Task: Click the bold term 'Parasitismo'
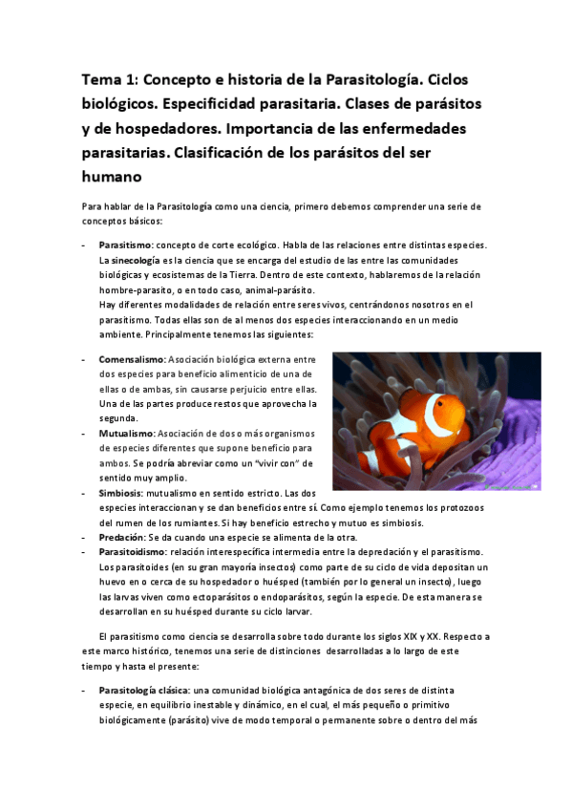click(127, 245)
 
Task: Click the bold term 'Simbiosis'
click(122, 493)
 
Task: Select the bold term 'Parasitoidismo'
click(132, 552)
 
